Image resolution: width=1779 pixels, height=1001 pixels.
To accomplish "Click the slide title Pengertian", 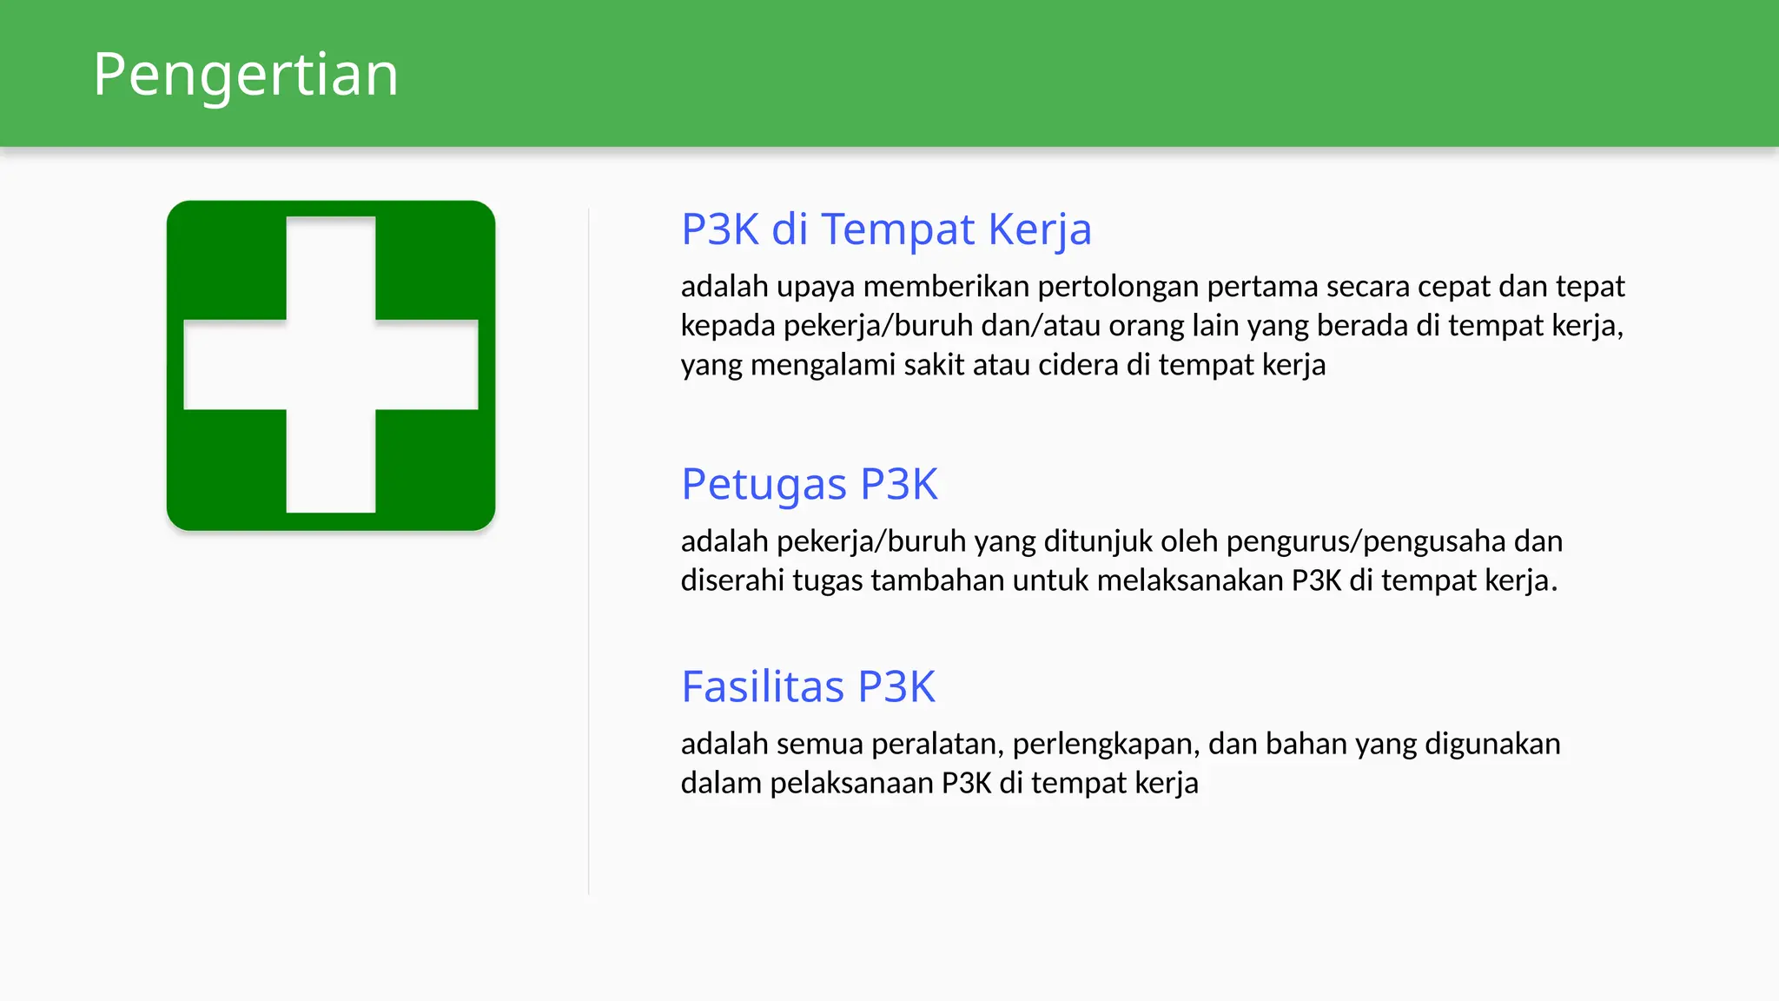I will [246, 75].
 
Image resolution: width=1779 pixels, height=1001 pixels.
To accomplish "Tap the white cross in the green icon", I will [331, 365].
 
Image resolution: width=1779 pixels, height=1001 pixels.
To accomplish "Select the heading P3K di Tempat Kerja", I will [886, 229].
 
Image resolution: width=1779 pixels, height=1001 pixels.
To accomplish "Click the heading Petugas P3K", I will [810, 484].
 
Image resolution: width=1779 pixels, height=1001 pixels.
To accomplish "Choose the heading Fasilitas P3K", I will [808, 686].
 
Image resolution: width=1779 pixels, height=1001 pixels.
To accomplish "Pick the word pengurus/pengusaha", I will [1366, 541].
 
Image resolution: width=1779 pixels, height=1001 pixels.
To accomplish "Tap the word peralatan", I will [937, 745].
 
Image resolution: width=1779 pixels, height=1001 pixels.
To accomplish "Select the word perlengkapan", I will [1106, 745].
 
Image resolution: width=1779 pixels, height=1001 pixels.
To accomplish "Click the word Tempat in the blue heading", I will [898, 229].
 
